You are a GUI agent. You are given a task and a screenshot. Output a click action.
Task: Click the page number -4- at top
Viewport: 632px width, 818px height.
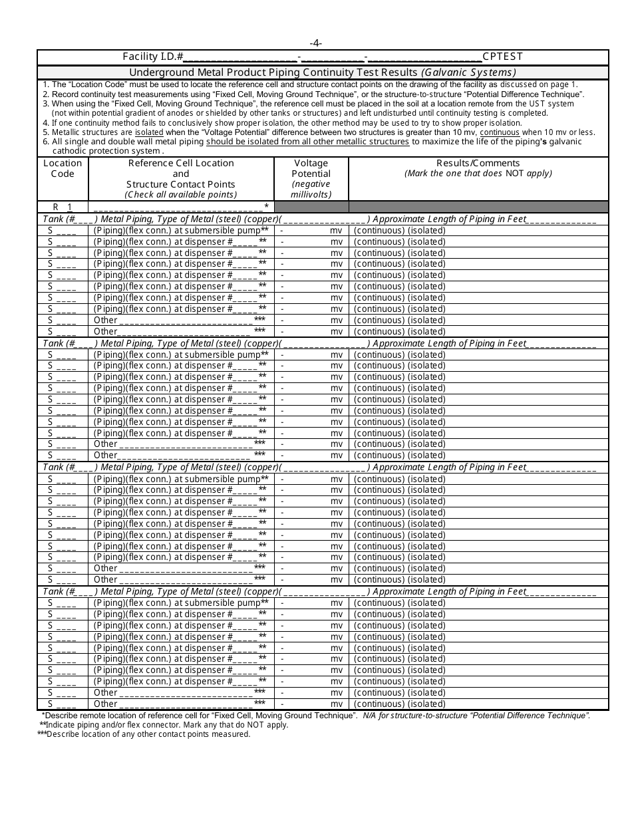pos(316,43)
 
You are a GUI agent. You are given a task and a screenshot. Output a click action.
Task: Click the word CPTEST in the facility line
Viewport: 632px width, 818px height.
pos(503,57)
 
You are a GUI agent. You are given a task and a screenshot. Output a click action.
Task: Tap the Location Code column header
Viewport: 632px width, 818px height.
pos(63,168)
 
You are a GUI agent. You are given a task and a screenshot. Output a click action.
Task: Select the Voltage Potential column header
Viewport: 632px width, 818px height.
pos(311,168)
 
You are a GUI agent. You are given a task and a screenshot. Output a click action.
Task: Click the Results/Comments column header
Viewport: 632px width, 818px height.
pos(478,163)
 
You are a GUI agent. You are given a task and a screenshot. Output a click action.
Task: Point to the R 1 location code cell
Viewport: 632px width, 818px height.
pos(63,207)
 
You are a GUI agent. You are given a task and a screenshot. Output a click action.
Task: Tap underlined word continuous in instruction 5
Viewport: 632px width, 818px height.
pos(500,132)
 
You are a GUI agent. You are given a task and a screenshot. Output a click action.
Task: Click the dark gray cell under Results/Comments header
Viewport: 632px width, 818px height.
pos(478,207)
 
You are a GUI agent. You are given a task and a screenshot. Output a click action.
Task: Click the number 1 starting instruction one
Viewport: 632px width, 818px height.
pos(45,84)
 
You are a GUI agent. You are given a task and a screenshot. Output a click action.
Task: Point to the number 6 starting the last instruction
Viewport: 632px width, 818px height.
pos(45,142)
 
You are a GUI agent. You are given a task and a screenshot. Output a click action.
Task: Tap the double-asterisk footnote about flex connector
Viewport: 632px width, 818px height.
pos(166,725)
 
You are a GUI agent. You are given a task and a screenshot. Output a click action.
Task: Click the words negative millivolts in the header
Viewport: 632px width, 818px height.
pos(311,190)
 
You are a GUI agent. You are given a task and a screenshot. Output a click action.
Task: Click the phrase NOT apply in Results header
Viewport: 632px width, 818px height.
pos(528,174)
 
